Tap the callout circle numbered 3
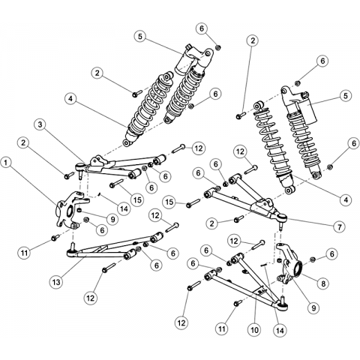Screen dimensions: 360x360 click(41, 124)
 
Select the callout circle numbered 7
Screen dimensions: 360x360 click(340, 226)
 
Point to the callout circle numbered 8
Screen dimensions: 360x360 click(323, 283)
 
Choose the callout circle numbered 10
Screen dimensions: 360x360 click(254, 330)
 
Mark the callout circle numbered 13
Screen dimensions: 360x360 click(56, 282)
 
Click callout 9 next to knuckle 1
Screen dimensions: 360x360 click(112, 219)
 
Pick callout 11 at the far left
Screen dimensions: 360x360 click(24, 253)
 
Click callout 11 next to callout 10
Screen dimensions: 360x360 click(222, 328)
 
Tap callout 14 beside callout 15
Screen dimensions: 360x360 click(124, 208)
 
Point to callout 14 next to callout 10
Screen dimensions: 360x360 click(280, 330)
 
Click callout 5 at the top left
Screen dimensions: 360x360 click(139, 37)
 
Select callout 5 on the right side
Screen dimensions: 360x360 click(345, 96)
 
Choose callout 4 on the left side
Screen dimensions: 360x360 click(70, 99)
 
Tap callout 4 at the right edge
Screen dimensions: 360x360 click(346, 199)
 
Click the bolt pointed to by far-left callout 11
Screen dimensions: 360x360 click(55, 238)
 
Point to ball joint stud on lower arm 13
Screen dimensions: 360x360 click(73, 246)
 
